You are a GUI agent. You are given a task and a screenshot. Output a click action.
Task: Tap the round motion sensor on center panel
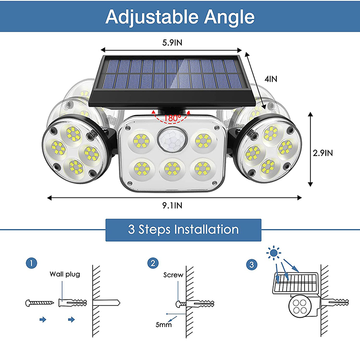(x=171, y=140)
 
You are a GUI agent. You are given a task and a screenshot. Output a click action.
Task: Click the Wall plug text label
(x=64, y=274)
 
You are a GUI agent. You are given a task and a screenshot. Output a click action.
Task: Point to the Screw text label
(x=173, y=274)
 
